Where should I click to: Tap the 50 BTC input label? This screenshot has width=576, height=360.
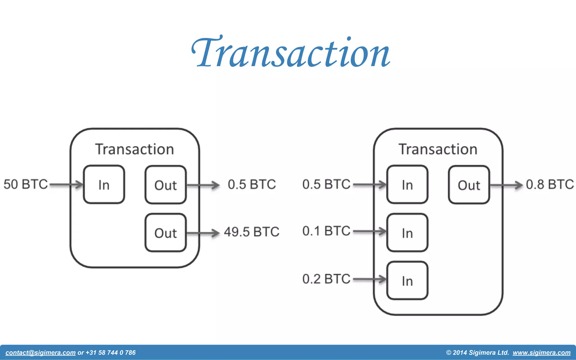[26, 184]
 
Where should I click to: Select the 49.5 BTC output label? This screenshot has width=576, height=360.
[251, 232]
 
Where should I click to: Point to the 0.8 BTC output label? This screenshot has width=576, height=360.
[550, 184]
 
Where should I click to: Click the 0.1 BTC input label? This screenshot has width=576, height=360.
[326, 231]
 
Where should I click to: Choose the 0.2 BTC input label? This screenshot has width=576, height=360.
[326, 279]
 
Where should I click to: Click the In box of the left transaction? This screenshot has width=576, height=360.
[104, 184]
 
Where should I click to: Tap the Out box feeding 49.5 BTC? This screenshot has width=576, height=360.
[165, 233]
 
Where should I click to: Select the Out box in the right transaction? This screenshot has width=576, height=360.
[469, 184]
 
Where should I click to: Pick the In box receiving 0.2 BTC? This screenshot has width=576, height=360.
[407, 281]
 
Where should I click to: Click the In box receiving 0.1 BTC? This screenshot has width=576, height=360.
[407, 233]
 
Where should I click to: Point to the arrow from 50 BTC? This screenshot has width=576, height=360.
[66, 184]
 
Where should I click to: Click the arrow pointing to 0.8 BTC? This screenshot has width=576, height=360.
[506, 185]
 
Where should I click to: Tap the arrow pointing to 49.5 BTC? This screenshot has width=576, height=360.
[203, 233]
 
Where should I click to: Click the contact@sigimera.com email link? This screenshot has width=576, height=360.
[40, 353]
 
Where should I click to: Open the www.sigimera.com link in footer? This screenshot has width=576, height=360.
[541, 353]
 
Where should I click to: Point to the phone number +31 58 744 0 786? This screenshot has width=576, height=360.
[111, 353]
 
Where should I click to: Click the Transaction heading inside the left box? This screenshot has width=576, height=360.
[134, 149]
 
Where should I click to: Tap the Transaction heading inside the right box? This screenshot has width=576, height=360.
[438, 149]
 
